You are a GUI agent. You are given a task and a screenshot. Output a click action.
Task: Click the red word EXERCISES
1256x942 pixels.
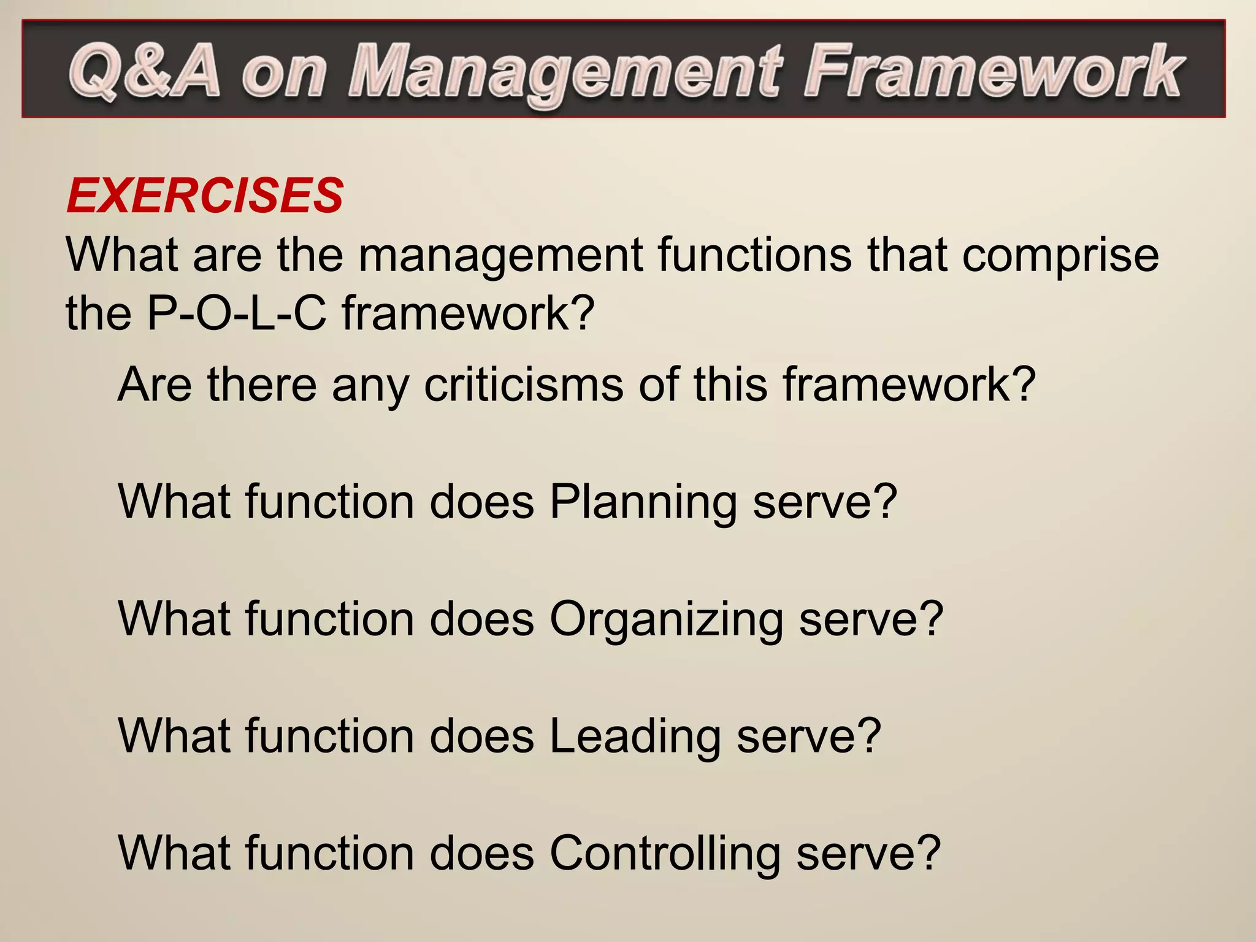(x=205, y=196)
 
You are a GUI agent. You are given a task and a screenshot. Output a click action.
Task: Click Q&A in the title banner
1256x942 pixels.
(x=145, y=71)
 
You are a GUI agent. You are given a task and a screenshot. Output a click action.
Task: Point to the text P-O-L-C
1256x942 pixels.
(x=237, y=313)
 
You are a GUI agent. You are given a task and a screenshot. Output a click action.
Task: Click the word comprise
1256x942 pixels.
(x=1060, y=255)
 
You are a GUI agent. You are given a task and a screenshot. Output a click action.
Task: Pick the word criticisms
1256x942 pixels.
(x=523, y=385)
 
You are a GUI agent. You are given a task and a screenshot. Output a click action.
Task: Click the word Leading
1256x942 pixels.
(x=635, y=736)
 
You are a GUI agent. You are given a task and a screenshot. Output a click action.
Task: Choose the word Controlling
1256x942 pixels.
(x=665, y=854)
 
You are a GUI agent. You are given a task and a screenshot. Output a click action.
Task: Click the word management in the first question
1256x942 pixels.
(x=500, y=255)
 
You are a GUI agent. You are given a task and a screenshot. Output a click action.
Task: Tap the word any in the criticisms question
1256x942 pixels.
(x=370, y=386)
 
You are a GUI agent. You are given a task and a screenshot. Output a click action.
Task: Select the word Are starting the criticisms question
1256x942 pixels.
(x=155, y=385)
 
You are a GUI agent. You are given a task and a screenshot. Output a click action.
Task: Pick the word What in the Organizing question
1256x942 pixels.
(x=174, y=619)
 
